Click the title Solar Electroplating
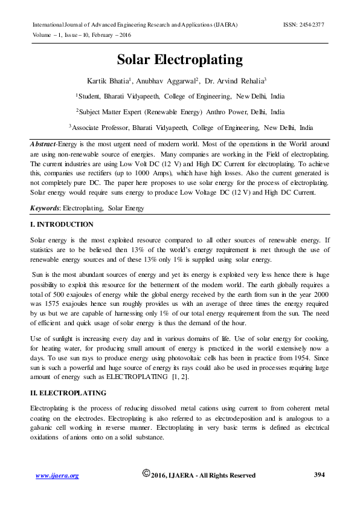click(179, 60)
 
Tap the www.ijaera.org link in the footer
click(57, 476)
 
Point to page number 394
click(320, 475)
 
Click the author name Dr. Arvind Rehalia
click(238, 80)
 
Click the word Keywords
click(45, 208)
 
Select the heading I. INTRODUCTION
click(62, 224)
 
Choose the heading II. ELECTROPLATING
click(68, 392)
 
